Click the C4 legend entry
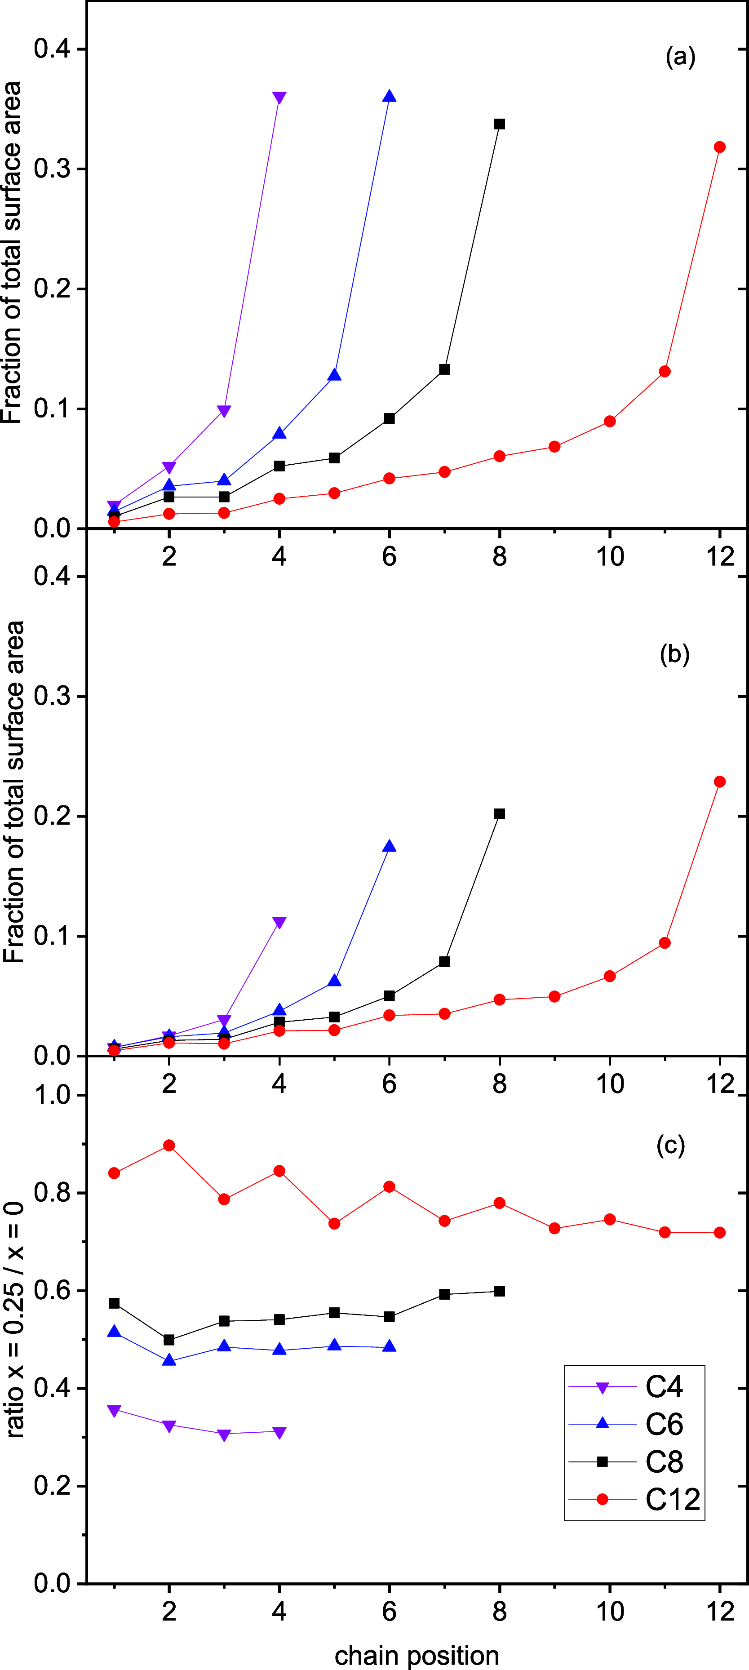click(664, 1387)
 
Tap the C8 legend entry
click(664, 1462)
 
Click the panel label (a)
click(680, 57)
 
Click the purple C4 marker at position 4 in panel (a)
click(279, 98)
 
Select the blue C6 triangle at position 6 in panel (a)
click(390, 97)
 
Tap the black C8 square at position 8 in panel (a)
click(500, 124)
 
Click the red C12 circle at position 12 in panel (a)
click(720, 147)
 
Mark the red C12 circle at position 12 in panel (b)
click(720, 782)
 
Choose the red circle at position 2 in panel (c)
click(169, 1146)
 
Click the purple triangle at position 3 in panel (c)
click(224, 1435)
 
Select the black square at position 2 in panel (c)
click(169, 1339)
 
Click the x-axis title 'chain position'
click(417, 1655)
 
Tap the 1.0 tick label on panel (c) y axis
click(52, 1095)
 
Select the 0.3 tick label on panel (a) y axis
click(52, 169)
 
